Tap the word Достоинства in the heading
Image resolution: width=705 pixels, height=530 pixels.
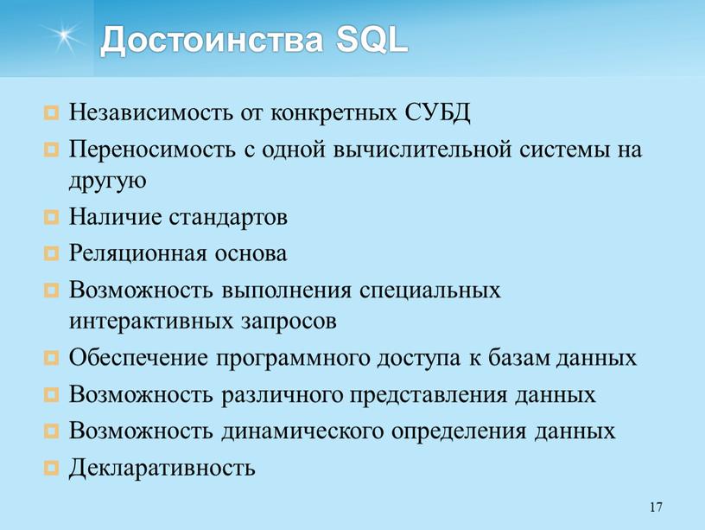pyautogui.click(x=212, y=41)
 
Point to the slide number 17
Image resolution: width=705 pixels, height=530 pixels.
pyautogui.click(x=656, y=507)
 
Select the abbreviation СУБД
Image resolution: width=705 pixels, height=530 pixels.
pyautogui.click(x=437, y=112)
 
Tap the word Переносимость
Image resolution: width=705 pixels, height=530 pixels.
pyautogui.click(x=152, y=149)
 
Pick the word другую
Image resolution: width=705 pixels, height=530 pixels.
pyautogui.click(x=107, y=182)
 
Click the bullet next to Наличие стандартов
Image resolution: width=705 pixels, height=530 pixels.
pyautogui.click(x=51, y=217)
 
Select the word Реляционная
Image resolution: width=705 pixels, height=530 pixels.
pyautogui.click(x=138, y=253)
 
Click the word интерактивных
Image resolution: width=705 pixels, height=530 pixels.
pyautogui.click(x=151, y=322)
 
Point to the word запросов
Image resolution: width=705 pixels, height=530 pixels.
pyautogui.click(x=289, y=322)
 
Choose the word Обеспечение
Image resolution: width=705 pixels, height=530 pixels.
pyautogui.click(x=139, y=358)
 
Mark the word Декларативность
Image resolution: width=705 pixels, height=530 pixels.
pyautogui.click(x=162, y=468)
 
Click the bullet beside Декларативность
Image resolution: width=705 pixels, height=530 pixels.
pyautogui.click(x=51, y=468)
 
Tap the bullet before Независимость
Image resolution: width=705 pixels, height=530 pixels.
pyautogui.click(x=51, y=112)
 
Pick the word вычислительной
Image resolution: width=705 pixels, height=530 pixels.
pyautogui.click(x=422, y=149)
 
